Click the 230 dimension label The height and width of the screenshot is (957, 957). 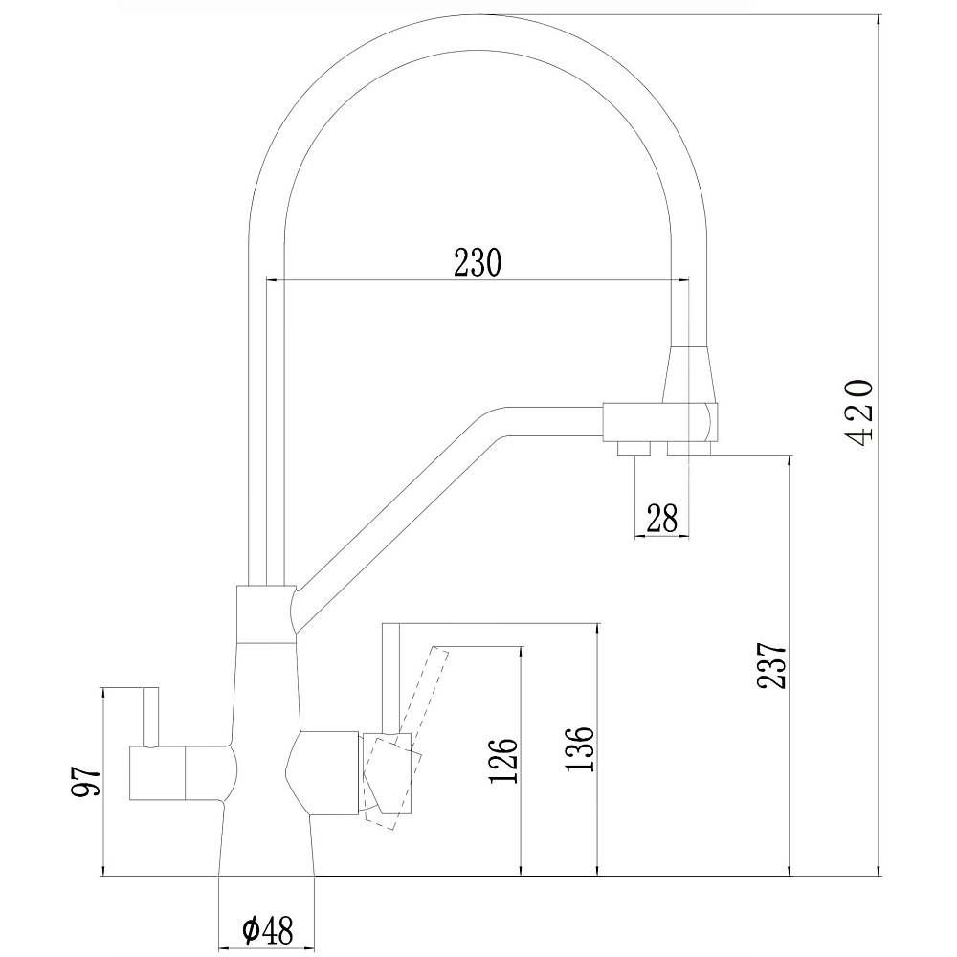coord(478,262)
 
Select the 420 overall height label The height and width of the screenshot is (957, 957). coord(857,413)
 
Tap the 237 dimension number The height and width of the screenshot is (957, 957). coord(771,665)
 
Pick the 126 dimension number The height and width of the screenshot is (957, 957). coord(503,761)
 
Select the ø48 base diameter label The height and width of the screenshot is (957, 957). coord(267,930)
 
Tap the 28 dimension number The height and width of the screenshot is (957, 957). coord(661,518)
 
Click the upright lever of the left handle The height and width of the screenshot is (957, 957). coord(151,717)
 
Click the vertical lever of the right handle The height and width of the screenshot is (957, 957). coord(390,678)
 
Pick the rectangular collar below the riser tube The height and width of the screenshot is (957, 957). coord(266,614)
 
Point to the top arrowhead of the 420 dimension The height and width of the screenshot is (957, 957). coord(879,20)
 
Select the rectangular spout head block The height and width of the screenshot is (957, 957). coord(660,422)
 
